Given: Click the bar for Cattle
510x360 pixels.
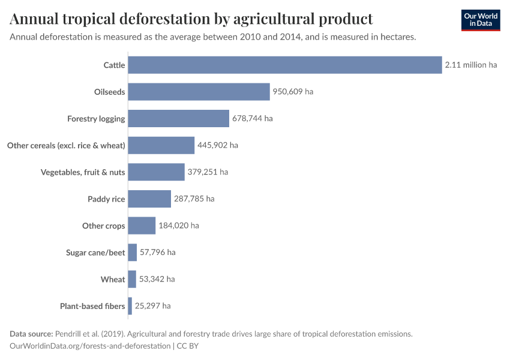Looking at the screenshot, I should [x=285, y=65].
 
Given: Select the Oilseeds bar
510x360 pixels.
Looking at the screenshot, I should [x=199, y=92].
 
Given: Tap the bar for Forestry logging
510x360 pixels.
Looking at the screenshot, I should [x=178, y=118].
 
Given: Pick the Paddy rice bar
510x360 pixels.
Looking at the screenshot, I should [x=149, y=199].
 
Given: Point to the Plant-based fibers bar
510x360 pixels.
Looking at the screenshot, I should [x=130, y=306].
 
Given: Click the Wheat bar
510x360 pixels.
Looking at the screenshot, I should [x=132, y=279].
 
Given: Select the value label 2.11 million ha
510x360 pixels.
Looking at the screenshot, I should [x=471, y=65].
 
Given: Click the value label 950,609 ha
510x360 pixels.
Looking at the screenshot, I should [x=293, y=92].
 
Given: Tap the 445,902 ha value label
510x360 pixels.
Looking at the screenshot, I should [x=218, y=145].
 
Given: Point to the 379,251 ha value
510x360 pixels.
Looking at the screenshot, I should [x=208, y=172].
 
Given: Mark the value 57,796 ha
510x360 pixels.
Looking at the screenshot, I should [x=157, y=253].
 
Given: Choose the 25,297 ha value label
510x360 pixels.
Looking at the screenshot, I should [x=152, y=306].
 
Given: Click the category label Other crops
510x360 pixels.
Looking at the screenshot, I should [x=103, y=226].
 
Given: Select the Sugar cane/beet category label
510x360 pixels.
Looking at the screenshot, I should [x=95, y=253].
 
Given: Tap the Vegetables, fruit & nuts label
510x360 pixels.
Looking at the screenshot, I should [x=83, y=172].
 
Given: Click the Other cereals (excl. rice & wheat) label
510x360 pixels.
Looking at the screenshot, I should [x=66, y=145].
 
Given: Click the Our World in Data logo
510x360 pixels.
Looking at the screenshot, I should [x=480, y=20].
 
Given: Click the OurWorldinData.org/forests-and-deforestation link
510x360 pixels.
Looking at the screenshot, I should [x=90, y=346].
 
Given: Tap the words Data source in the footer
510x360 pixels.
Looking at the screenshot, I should [x=31, y=334].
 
